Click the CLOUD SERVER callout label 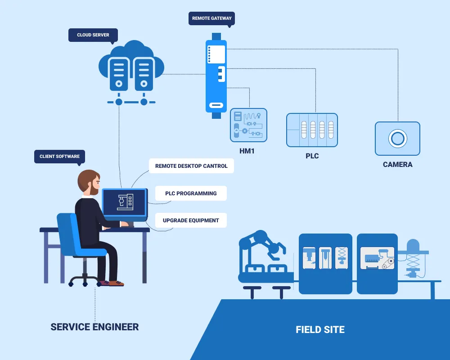pos(93,35)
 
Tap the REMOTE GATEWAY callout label pos(211,18)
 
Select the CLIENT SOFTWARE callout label pos(59,157)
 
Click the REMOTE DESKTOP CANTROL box pos(191,166)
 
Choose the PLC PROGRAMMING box pos(191,193)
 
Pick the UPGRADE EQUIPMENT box pos(191,220)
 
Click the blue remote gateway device pos(216,76)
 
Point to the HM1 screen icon pos(248,124)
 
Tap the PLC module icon pos(312,130)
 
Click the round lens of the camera pos(397,138)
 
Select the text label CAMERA pos(397,165)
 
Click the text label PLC pos(312,156)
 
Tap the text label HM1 pos(247,151)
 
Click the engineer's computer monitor pos(125,202)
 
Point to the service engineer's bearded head pos(89,182)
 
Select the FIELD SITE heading pos(320,330)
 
